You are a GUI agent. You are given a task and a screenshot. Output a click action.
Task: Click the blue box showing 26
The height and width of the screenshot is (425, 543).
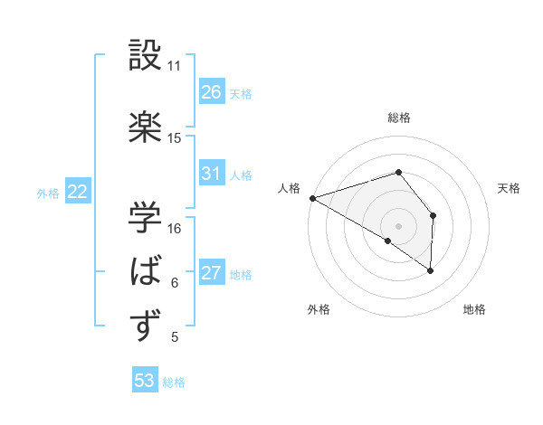tap(212, 92)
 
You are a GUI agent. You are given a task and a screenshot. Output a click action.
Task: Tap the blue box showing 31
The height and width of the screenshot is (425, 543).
tap(212, 174)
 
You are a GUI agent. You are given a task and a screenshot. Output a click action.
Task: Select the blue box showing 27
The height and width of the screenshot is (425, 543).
tap(212, 273)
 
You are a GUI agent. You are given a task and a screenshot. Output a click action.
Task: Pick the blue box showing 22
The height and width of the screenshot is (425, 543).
tap(78, 192)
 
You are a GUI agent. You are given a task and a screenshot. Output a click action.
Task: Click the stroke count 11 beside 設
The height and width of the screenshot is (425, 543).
tap(175, 66)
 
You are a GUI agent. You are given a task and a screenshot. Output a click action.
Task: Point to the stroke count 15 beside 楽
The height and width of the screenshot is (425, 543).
tap(175, 138)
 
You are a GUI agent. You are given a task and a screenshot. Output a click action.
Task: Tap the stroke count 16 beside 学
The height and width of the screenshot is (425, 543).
tap(175, 228)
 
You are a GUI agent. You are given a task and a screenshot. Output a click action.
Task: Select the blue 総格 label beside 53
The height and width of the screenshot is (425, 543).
tap(174, 382)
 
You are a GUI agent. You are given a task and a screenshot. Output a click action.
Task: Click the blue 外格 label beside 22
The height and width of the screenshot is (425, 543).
tap(48, 193)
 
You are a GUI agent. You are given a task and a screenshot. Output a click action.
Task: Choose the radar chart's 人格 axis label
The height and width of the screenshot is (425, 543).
tap(289, 188)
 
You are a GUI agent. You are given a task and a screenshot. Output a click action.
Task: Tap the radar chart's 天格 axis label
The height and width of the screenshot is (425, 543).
tap(510, 188)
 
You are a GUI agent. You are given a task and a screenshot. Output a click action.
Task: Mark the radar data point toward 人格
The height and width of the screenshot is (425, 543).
tap(312, 197)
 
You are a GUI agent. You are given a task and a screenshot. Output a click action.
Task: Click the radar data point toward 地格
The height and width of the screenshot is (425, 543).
tap(431, 269)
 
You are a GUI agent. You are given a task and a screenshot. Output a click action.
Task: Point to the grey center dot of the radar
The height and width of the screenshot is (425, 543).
tap(398, 225)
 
